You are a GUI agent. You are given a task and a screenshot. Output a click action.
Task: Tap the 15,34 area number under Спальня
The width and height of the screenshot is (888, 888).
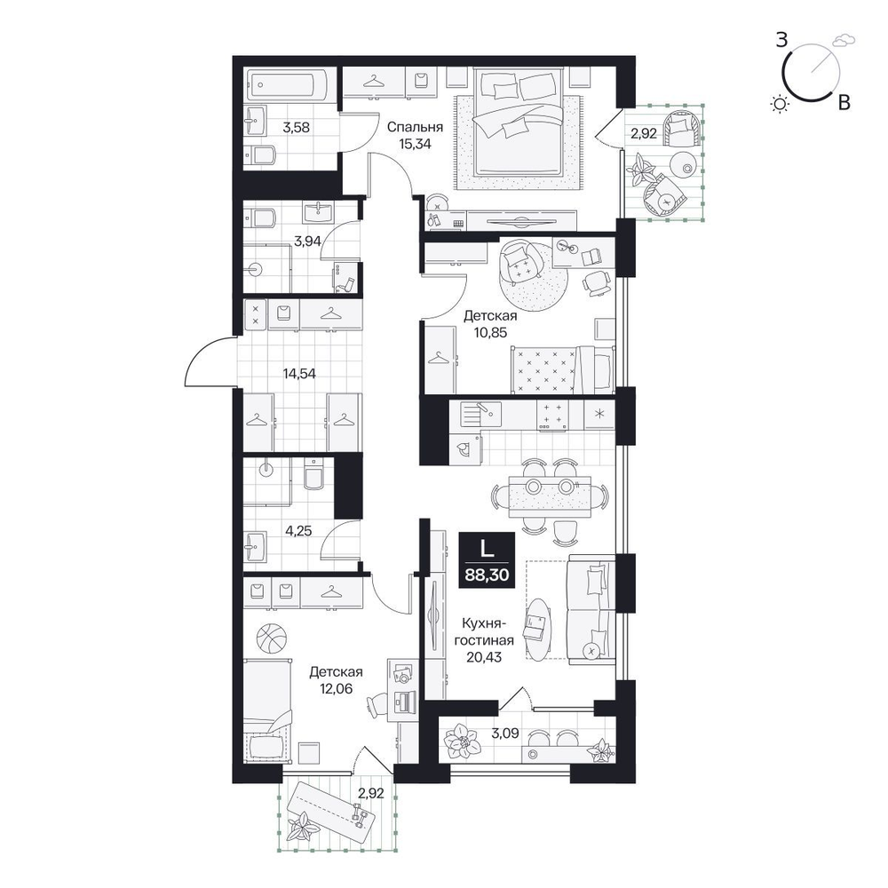click(x=415, y=144)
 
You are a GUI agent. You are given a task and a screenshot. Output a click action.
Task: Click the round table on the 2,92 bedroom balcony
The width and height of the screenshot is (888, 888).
click(x=682, y=165)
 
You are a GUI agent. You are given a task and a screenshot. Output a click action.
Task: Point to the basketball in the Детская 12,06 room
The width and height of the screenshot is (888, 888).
click(x=272, y=638)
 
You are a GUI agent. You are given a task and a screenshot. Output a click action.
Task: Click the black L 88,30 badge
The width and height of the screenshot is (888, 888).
click(x=487, y=560)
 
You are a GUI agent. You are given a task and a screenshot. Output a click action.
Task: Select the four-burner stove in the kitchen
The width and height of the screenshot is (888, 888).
click(x=552, y=415)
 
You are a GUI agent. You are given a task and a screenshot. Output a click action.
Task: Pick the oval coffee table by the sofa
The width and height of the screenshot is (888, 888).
click(x=537, y=629)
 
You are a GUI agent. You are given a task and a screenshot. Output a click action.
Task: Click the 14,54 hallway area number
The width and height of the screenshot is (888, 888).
click(x=299, y=373)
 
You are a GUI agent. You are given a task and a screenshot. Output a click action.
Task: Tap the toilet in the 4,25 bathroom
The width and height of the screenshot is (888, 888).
click(x=313, y=474)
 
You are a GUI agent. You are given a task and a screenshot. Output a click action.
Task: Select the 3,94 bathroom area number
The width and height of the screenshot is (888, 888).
click(x=307, y=242)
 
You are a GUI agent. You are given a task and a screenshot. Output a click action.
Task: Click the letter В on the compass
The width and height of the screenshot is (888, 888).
click(x=844, y=102)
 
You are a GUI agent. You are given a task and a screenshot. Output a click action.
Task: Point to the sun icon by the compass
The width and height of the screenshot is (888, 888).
click(x=781, y=104)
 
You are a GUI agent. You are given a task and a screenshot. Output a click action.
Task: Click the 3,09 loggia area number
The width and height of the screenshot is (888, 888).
click(x=505, y=733)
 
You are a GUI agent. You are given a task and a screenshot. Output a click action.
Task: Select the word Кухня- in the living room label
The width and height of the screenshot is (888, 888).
click(x=484, y=623)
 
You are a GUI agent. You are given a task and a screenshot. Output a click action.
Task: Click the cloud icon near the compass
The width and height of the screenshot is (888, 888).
click(x=844, y=40)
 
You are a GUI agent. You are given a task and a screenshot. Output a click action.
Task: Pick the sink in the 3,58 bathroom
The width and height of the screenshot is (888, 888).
click(x=257, y=120)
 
